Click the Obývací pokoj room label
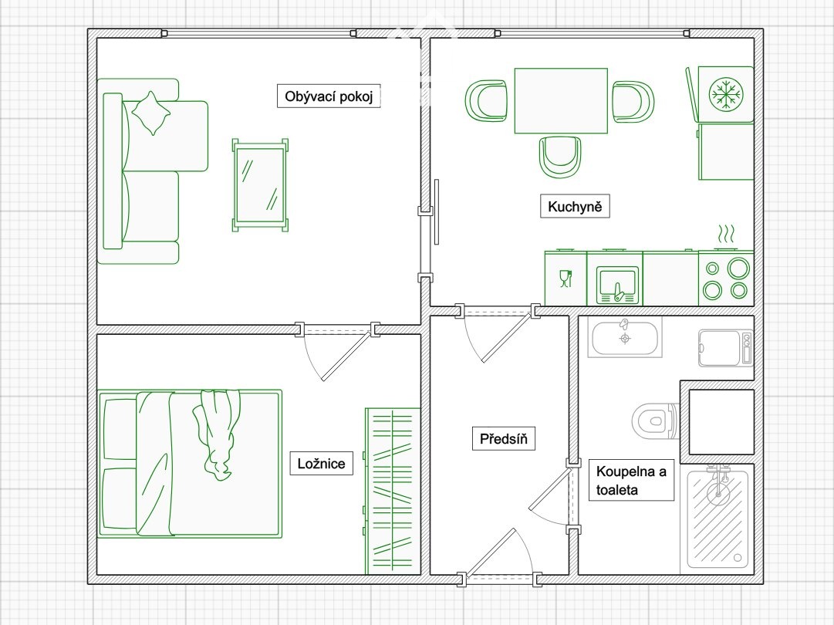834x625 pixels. [329, 96]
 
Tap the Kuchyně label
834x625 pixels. [575, 206]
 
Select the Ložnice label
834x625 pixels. [321, 463]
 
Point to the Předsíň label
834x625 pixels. [503, 439]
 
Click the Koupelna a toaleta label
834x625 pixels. [631, 480]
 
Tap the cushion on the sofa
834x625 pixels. [151, 113]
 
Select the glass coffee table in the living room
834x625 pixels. [260, 185]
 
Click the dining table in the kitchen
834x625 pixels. [561, 100]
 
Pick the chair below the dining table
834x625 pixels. [560, 157]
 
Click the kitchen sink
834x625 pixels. [617, 285]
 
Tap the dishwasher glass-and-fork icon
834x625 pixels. [566, 279]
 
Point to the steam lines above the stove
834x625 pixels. [726, 234]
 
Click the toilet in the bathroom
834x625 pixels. [655, 421]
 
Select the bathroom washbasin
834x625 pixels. [625, 337]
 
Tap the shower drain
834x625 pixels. [738, 557]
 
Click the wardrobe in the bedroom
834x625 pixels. [393, 491]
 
